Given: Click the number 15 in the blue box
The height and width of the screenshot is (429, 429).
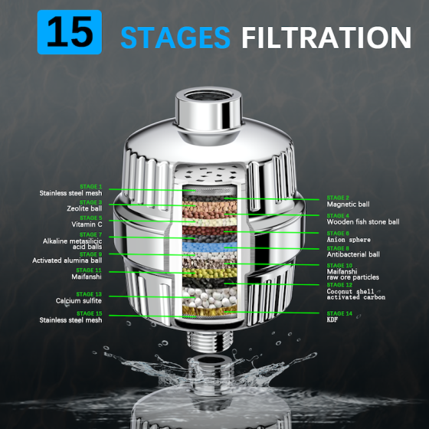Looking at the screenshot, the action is tap(70, 31).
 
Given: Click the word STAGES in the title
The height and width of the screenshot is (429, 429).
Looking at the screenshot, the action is tap(175, 38).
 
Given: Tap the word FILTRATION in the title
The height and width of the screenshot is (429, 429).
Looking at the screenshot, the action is tap(326, 38).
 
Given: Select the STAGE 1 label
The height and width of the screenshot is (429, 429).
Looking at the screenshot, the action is tap(91, 187).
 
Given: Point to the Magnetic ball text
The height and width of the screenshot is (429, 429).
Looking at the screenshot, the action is tap(348, 204).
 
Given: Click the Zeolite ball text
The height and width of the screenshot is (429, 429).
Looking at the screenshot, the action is tap(84, 208).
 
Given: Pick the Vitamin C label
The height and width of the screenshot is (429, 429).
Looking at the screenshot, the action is tap(87, 224).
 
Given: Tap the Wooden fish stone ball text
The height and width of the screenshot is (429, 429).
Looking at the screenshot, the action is tap(363, 221).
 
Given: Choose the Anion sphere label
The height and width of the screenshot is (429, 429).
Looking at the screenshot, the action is tap(349, 240).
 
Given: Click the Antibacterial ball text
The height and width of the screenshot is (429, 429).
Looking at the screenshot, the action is tap(353, 254).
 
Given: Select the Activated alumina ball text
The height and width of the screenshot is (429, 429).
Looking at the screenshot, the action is tap(67, 260).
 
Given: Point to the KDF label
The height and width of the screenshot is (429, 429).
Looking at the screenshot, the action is tap(332, 319).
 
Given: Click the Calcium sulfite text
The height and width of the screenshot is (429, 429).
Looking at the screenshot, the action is tap(79, 300).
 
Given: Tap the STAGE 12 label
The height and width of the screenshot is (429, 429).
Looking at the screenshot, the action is tap(339, 285).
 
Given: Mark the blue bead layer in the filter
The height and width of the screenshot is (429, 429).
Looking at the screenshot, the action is tap(210, 247).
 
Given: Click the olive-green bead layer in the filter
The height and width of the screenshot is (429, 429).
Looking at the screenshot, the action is tap(210, 273).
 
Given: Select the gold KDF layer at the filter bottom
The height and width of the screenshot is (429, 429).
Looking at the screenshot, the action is tap(210, 310).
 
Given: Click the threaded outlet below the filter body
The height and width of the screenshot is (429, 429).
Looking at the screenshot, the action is tap(210, 341).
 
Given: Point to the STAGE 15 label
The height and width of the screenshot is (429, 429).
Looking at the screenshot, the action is tap(89, 313).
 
